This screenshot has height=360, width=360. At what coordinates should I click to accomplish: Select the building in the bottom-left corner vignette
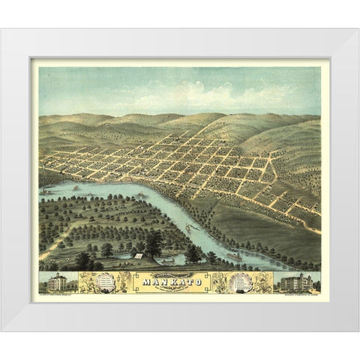click(56, 283)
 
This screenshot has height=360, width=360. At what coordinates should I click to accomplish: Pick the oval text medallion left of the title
click(104, 282)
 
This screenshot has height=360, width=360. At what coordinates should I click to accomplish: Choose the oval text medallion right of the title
click(241, 282)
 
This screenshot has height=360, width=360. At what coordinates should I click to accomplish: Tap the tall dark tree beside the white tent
click(154, 243)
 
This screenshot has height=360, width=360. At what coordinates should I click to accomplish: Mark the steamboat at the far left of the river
click(47, 191)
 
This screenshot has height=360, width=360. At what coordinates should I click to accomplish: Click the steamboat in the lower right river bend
click(234, 257)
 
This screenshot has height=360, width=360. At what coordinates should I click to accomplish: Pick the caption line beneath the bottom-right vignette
click(298, 293)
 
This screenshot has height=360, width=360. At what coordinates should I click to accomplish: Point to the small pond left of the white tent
click(120, 256)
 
